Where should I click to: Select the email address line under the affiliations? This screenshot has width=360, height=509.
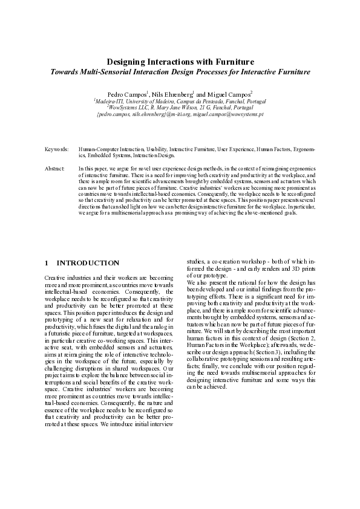[180, 114]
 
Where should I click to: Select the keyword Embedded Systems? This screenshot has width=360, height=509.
[113, 154]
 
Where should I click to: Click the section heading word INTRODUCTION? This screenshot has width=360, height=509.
[88, 263]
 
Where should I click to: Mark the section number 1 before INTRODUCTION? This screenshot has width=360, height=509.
[47, 263]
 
